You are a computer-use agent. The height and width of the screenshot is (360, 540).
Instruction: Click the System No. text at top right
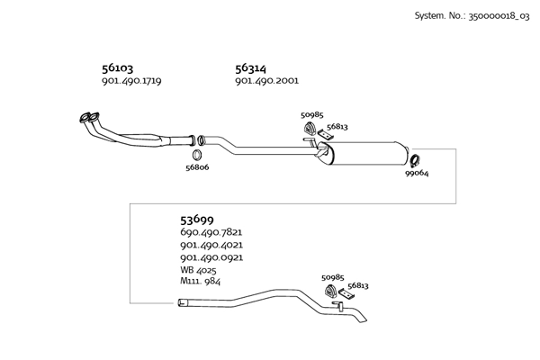[x=472, y=16]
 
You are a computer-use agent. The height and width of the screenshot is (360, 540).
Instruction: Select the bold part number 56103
[x=117, y=68]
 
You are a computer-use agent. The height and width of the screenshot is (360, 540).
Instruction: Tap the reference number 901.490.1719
[x=131, y=81]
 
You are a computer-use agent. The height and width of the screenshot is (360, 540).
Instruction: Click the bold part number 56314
[x=251, y=68]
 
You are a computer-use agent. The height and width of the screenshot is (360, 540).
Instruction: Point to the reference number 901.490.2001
[x=267, y=81]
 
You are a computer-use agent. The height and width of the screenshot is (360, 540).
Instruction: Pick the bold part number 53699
[x=197, y=219]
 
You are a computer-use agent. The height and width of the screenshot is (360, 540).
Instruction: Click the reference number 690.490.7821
[x=211, y=232]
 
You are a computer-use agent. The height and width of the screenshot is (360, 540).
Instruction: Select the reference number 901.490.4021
[x=211, y=245]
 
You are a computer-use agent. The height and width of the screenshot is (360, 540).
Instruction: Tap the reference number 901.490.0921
[x=211, y=257]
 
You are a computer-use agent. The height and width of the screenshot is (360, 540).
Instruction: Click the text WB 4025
[x=198, y=269]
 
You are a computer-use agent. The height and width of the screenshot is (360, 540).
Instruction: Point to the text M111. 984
[x=200, y=281]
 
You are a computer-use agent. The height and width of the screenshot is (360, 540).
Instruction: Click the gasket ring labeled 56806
[x=197, y=155]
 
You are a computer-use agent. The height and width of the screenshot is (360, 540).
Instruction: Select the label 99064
[x=417, y=174]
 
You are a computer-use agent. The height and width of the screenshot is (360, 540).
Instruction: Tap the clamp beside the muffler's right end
[x=414, y=160]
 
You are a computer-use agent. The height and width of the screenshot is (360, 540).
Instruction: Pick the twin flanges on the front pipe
[x=89, y=118]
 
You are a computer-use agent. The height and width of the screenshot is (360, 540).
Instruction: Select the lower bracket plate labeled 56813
[x=346, y=294]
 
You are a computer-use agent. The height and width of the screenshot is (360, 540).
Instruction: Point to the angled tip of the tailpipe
[x=364, y=319]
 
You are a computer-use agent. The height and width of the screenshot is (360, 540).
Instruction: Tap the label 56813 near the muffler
[x=337, y=127]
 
